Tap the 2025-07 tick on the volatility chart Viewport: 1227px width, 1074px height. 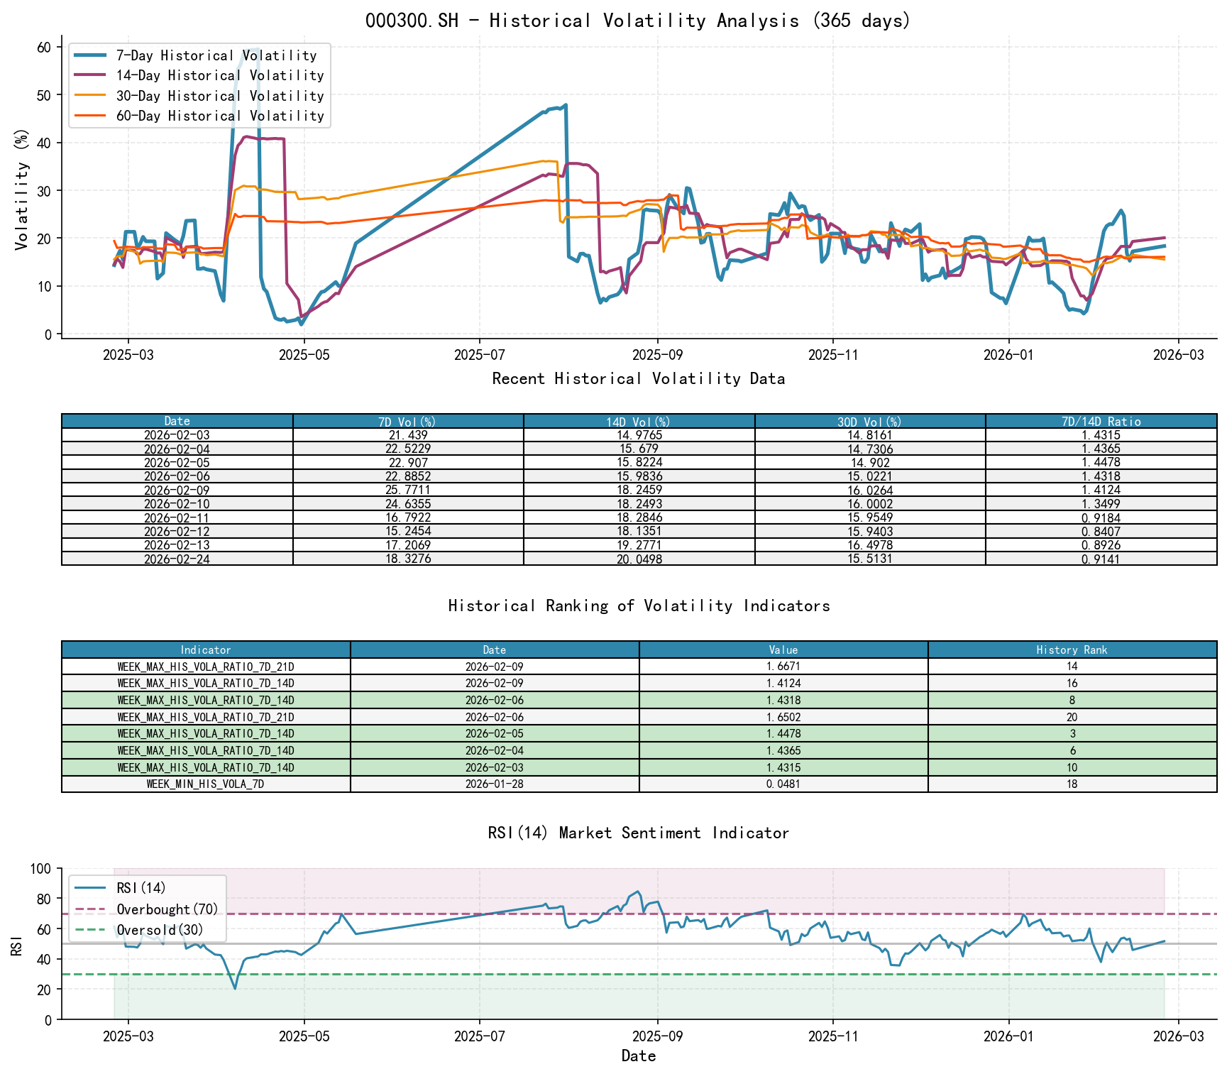click(x=479, y=354)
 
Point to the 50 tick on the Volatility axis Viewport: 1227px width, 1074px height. click(x=44, y=95)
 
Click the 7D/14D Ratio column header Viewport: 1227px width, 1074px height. click(x=1101, y=422)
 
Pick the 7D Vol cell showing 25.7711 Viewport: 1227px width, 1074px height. click(x=408, y=491)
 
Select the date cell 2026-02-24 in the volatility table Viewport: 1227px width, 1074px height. click(x=177, y=559)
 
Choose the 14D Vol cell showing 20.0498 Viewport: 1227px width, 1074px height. click(x=639, y=559)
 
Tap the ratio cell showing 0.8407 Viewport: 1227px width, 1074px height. click(x=1101, y=532)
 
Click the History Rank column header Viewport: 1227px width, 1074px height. click(x=1072, y=650)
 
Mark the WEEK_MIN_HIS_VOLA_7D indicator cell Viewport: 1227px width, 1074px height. click(x=205, y=784)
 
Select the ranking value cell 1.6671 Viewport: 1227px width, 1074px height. click(x=783, y=667)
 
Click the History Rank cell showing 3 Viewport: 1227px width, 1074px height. click(x=1072, y=734)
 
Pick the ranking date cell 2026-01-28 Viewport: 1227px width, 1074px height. click(x=494, y=784)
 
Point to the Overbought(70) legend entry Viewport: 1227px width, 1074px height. click(x=167, y=909)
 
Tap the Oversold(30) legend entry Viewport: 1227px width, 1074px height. click(x=160, y=931)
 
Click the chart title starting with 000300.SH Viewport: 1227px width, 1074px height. click(x=638, y=21)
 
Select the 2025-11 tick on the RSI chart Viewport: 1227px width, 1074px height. click(x=832, y=1037)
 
